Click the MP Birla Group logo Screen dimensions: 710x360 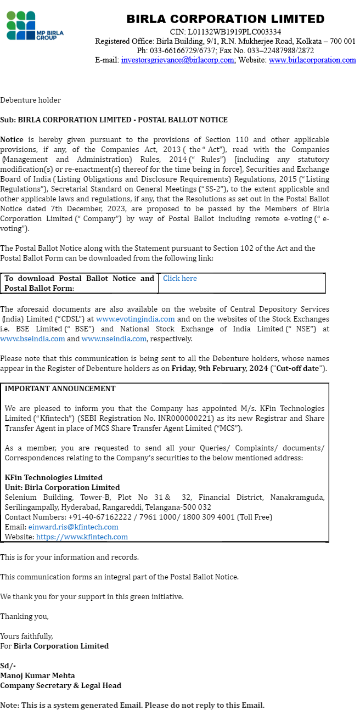tap(35, 25)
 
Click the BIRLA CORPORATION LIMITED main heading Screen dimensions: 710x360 tap(225, 19)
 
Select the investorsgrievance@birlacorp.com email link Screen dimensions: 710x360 tap(177, 60)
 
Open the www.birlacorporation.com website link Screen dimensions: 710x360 tap(312, 60)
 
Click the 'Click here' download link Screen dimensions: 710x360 tap(179, 279)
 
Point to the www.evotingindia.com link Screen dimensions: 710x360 tap(135, 319)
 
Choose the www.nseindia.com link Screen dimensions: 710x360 tap(114, 339)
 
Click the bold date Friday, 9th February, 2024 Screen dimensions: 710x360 tap(220, 369)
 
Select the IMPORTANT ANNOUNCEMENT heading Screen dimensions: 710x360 tap(60, 389)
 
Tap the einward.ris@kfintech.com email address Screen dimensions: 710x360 tap(73, 527)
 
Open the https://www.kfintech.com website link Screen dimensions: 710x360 tap(82, 537)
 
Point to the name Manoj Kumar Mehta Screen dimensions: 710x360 tap(37, 676)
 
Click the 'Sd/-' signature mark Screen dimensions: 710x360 tap(8, 666)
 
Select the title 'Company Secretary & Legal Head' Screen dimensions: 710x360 tap(60, 686)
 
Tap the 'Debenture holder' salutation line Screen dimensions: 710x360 tap(30, 100)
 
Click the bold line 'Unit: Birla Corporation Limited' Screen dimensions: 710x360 tap(62, 488)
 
